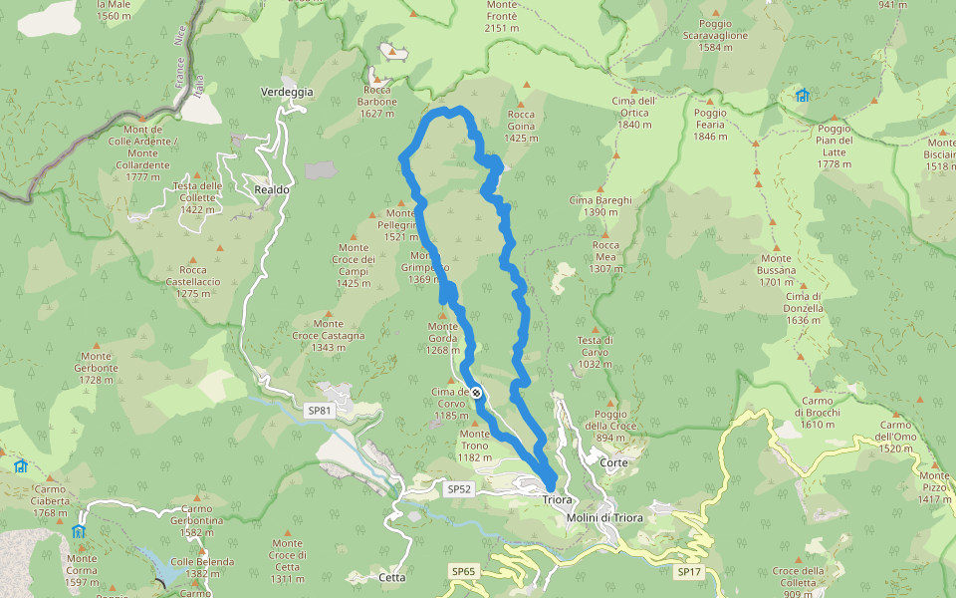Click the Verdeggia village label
pyautogui.click(x=286, y=92)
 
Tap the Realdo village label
pyautogui.click(x=271, y=189)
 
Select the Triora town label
pyautogui.click(x=558, y=499)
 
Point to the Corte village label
pyautogui.click(x=613, y=463)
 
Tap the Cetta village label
pyautogui.click(x=392, y=577)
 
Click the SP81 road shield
pyautogui.click(x=318, y=411)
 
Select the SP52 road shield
pyautogui.click(x=458, y=489)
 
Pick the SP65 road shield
pyautogui.click(x=463, y=571)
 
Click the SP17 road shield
pyautogui.click(x=689, y=572)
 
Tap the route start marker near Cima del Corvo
pyautogui.click(x=477, y=393)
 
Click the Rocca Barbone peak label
pyautogui.click(x=378, y=96)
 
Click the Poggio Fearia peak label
pyautogui.click(x=710, y=125)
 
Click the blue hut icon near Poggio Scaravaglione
pyautogui.click(x=802, y=96)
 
